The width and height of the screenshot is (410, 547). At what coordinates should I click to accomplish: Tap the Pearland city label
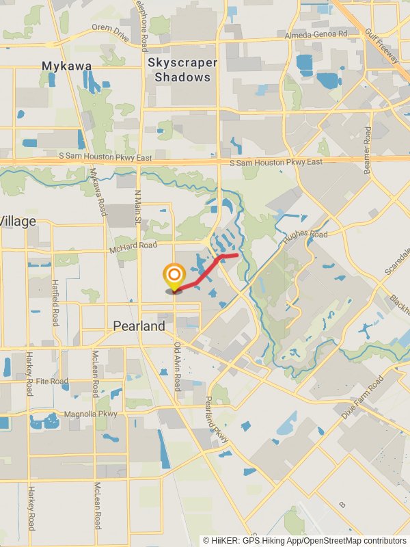pyautogui.click(x=139, y=326)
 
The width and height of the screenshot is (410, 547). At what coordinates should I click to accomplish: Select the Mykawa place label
pyautogui.click(x=66, y=66)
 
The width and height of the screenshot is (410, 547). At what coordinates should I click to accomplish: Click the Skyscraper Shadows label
pyautogui.click(x=182, y=70)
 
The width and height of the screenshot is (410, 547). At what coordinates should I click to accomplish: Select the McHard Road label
pyautogui.click(x=133, y=246)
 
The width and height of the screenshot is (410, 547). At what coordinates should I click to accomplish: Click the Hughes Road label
pyautogui.click(x=307, y=235)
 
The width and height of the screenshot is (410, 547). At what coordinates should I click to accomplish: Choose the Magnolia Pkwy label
pyautogui.click(x=90, y=414)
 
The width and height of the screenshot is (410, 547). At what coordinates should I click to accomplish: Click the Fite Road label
pyautogui.click(x=52, y=381)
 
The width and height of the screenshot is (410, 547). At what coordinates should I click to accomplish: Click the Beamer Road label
pyautogui.click(x=368, y=150)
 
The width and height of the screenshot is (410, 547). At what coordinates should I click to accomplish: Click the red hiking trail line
pyautogui.click(x=205, y=272)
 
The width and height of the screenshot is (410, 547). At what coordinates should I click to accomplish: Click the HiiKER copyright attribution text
pyautogui.click(x=305, y=540)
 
